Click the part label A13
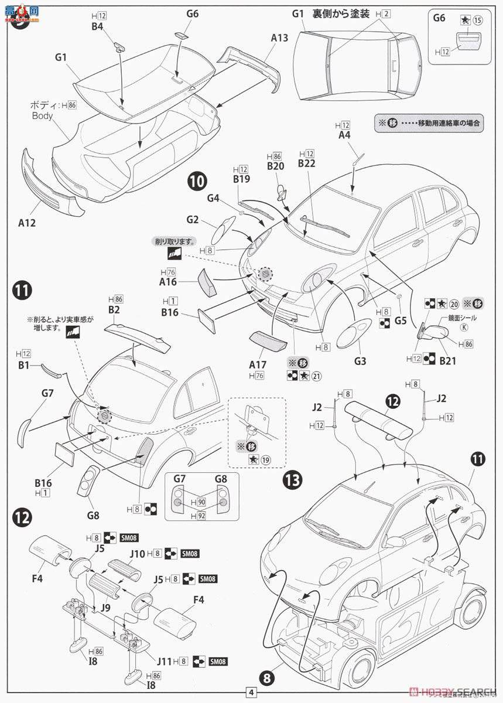point(279,37)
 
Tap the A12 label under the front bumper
point(27,222)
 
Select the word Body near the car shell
point(42,116)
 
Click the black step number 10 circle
point(197,181)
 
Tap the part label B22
point(306,163)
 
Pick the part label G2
point(193,220)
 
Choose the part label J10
point(138,553)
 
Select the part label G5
point(401,320)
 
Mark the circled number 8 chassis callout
point(267,679)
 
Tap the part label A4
point(344,135)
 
